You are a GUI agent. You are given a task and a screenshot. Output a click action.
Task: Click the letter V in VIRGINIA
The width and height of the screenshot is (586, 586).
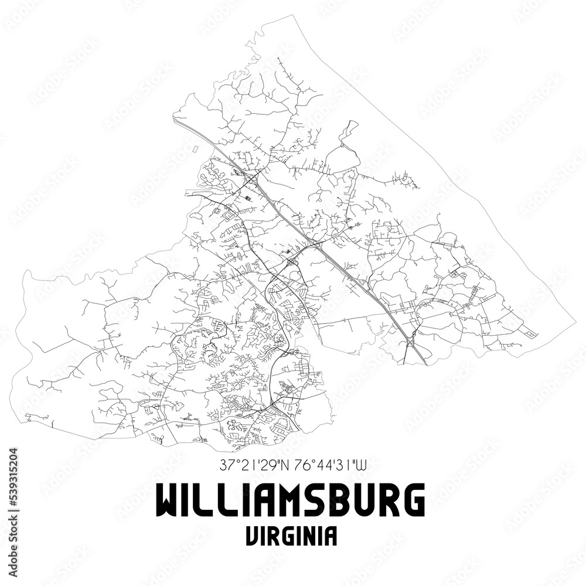pyautogui.click(x=253, y=536)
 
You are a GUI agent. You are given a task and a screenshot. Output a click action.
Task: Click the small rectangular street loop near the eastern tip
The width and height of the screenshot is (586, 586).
pyautogui.click(x=530, y=335)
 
